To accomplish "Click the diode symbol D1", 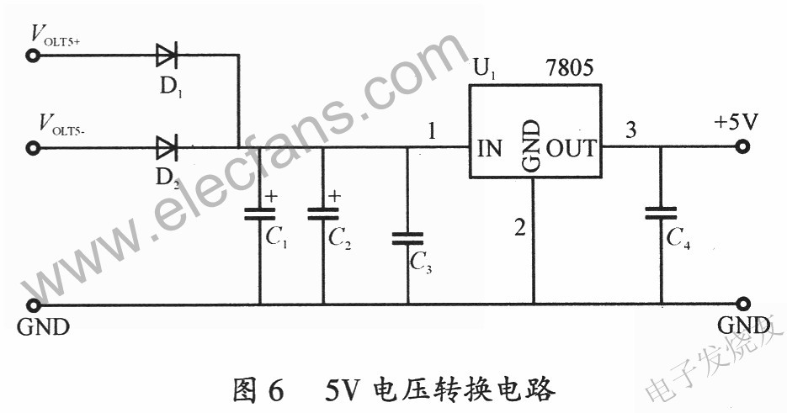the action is [x=167, y=55].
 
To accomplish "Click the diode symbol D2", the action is [x=167, y=147].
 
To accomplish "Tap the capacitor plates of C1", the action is [x=259, y=214].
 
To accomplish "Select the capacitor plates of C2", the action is [x=323, y=214].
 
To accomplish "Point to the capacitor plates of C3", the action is [x=407, y=238].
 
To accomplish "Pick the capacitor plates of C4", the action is [x=661, y=214].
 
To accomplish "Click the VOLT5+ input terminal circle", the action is [x=33, y=56].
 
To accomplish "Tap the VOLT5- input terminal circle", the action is [x=33, y=148].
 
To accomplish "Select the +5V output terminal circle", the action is [x=743, y=146].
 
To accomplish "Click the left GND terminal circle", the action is [x=33, y=304].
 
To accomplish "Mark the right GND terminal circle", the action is [x=744, y=304].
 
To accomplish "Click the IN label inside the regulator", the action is [x=489, y=149].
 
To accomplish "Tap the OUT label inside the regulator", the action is [x=572, y=149].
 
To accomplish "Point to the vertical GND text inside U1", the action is [x=531, y=146].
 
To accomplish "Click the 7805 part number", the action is [x=570, y=68].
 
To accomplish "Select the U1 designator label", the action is [x=485, y=69].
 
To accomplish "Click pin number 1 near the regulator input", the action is [x=431, y=131].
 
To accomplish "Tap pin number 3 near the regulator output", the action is [x=631, y=130].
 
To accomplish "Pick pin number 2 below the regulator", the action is [x=520, y=227].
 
